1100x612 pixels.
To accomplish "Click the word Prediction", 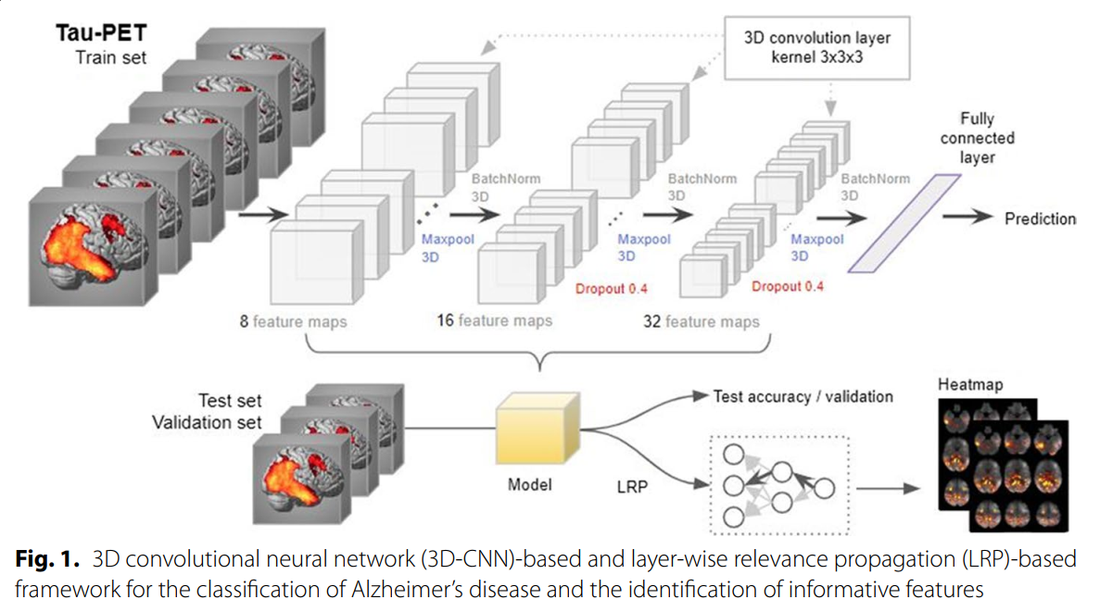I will click(1041, 219).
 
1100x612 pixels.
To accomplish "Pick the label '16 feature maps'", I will click(494, 320).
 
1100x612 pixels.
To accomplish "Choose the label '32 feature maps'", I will click(701, 321).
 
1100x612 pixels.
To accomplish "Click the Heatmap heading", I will click(970, 384).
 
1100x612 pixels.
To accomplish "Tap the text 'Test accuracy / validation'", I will click(803, 396).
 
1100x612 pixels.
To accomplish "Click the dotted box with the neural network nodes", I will click(776, 484).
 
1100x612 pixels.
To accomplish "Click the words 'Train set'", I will click(112, 58).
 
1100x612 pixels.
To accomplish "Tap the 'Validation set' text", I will click(208, 423).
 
